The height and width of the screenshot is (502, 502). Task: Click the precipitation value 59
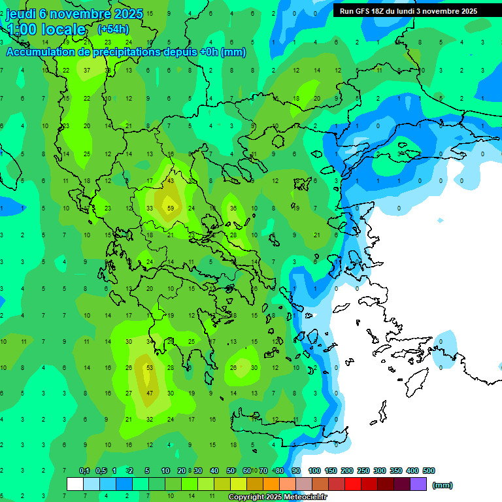pos(171,209)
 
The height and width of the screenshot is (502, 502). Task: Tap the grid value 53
pos(150,368)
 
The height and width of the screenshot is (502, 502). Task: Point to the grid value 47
pos(150,393)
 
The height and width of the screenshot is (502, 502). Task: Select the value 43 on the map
pos(171,181)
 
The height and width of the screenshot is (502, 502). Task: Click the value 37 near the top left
pos(87,71)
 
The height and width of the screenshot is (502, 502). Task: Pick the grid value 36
pos(233,209)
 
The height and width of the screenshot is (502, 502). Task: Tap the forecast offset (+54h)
pos(113,29)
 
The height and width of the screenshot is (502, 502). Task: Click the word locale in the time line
pos(63,29)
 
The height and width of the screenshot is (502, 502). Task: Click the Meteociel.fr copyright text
pos(278,497)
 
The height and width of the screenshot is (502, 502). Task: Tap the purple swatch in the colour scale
pos(418,484)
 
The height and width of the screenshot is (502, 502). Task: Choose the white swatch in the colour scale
pos(75,484)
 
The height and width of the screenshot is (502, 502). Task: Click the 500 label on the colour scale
pos(429,471)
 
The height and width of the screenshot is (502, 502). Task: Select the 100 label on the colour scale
pos(314,471)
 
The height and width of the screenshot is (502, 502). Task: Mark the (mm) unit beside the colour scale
pos(443,485)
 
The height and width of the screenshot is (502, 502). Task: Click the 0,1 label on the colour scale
pos(84,471)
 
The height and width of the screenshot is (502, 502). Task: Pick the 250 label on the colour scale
pos(363,471)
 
